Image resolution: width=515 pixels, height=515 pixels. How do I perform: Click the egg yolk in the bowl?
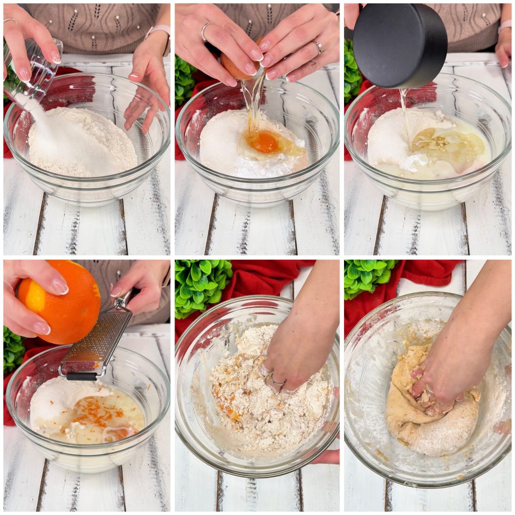(265, 143)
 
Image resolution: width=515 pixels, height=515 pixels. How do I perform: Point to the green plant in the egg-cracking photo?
(183, 80)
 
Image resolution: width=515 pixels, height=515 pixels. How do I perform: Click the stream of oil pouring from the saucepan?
(405, 116)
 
